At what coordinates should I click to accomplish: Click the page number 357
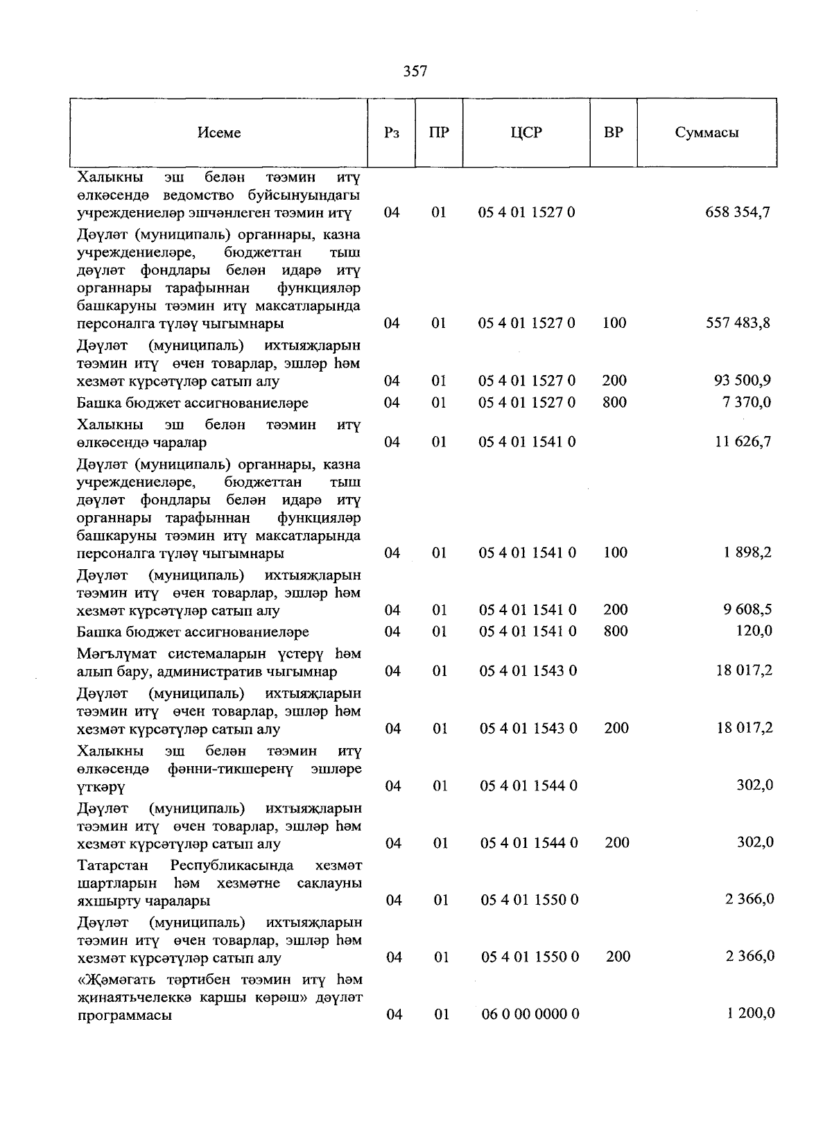pos(415,71)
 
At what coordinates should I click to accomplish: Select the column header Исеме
pos(219,132)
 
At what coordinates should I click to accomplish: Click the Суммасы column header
pos(707,132)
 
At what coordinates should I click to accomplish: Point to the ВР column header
pos(614,132)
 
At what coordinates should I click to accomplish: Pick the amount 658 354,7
pos(738,212)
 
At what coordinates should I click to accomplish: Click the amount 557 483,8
pos(738,322)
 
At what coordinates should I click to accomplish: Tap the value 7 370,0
pos(746,402)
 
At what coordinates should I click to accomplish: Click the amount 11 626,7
pos(743,442)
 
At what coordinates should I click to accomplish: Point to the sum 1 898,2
pos(746,553)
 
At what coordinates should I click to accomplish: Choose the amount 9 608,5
pos(746,609)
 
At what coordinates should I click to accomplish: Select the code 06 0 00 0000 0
pos(530,1014)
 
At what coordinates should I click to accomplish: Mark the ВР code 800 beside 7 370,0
pos(614,402)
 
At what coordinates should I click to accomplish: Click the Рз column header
pos(391,132)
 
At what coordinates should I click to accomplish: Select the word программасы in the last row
pos(125,1016)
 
